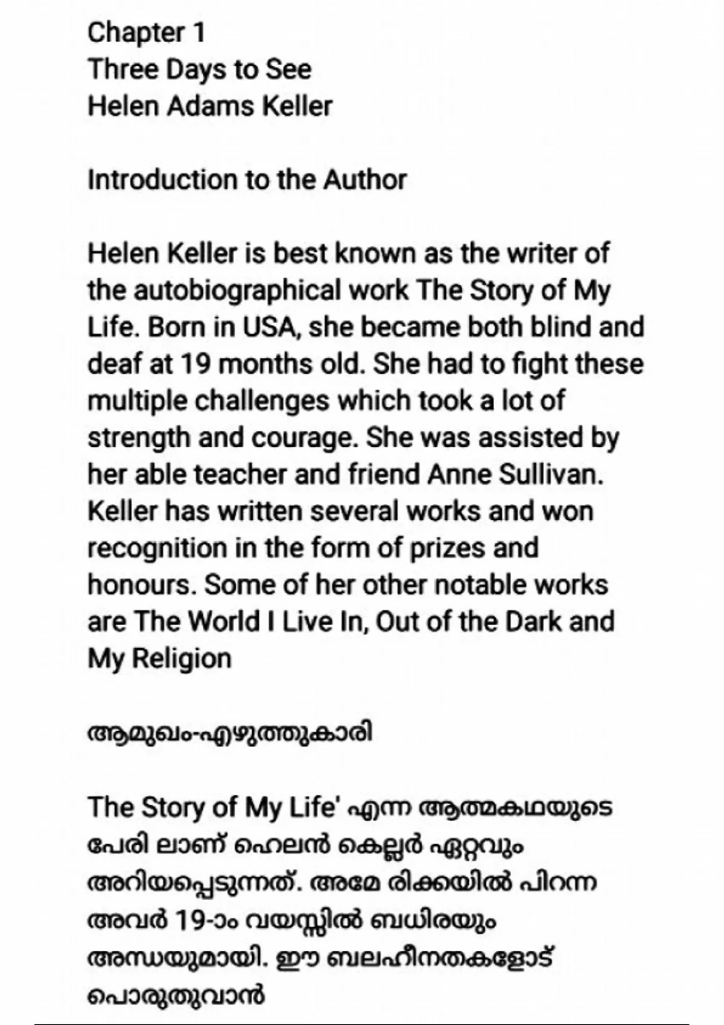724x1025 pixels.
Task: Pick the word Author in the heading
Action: pos(365,180)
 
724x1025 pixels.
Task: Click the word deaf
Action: pos(113,364)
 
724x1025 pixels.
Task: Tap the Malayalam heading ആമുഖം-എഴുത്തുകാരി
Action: pos(230,734)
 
